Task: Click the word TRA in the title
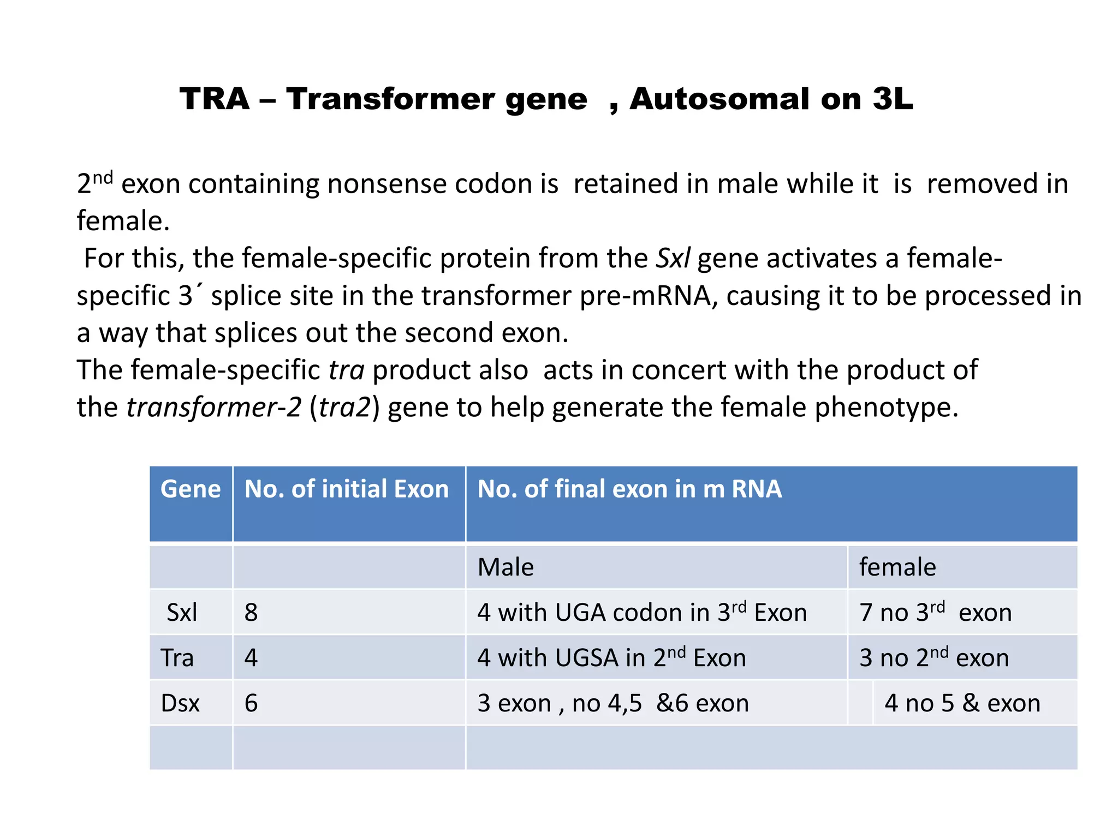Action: click(215, 99)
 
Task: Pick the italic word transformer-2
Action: click(213, 407)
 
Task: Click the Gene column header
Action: click(191, 489)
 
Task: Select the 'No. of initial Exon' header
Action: click(347, 489)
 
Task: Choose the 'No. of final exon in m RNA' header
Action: click(629, 489)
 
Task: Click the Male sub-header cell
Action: click(506, 567)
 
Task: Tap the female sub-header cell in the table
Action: click(897, 567)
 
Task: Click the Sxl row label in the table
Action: click(182, 613)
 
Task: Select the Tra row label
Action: click(177, 658)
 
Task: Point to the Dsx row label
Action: click(180, 703)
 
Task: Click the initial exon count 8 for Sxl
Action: click(251, 613)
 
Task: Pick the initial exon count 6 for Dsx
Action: click(251, 703)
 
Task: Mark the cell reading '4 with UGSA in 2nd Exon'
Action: click(611, 658)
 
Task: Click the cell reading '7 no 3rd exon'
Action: click(935, 613)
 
